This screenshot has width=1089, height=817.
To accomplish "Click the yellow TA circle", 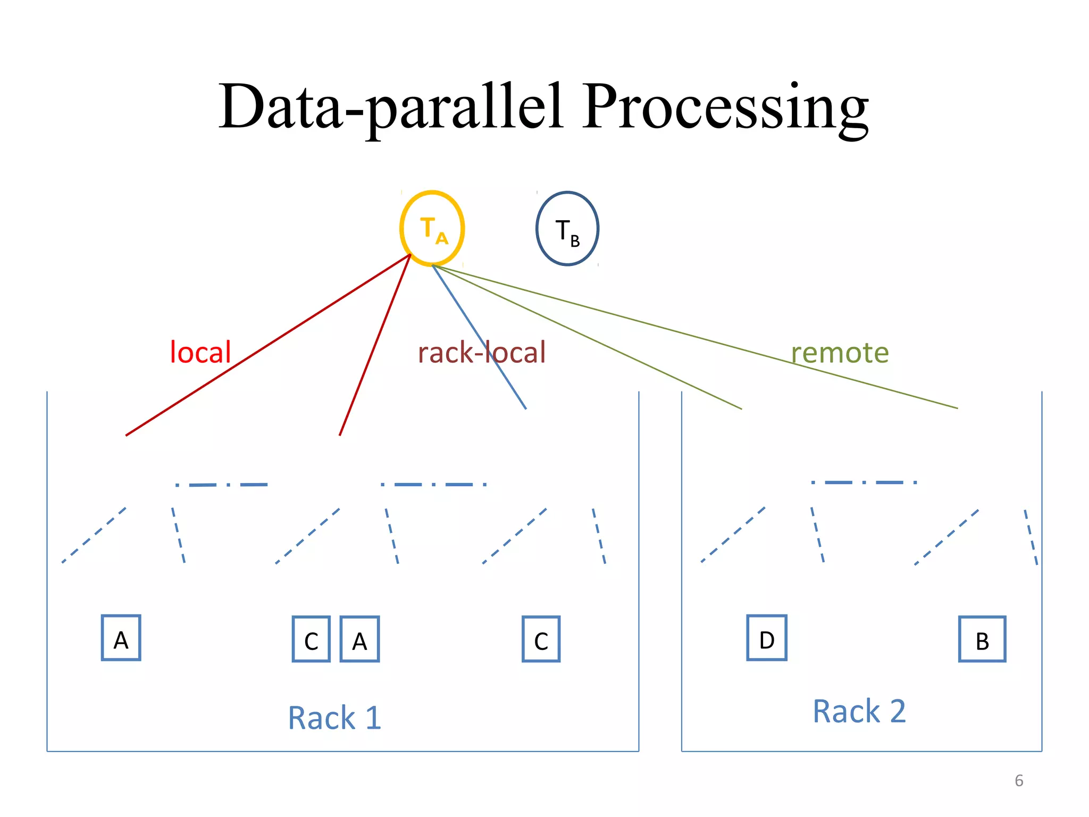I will [x=432, y=228].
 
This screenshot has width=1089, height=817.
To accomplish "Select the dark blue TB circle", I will [x=567, y=229].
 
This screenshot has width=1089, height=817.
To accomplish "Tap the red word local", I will [x=200, y=352].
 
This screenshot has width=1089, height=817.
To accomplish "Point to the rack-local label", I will [x=481, y=352].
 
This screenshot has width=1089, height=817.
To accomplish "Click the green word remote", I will [x=840, y=352].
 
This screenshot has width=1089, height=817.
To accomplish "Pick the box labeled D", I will [x=766, y=638].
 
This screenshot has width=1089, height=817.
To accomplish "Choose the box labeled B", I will [x=982, y=639].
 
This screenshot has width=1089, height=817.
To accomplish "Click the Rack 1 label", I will [x=334, y=718].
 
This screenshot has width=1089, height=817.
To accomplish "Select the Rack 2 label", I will [x=859, y=711].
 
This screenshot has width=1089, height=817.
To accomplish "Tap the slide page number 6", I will [x=1019, y=780].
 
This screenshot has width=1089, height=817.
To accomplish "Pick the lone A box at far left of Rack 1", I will [x=121, y=638].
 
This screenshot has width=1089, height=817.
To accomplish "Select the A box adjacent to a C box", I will [x=359, y=639].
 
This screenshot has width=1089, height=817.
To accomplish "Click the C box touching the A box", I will [x=311, y=639].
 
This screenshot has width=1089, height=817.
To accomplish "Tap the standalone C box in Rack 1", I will [x=541, y=639].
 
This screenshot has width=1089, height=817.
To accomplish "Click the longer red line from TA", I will [x=269, y=345].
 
